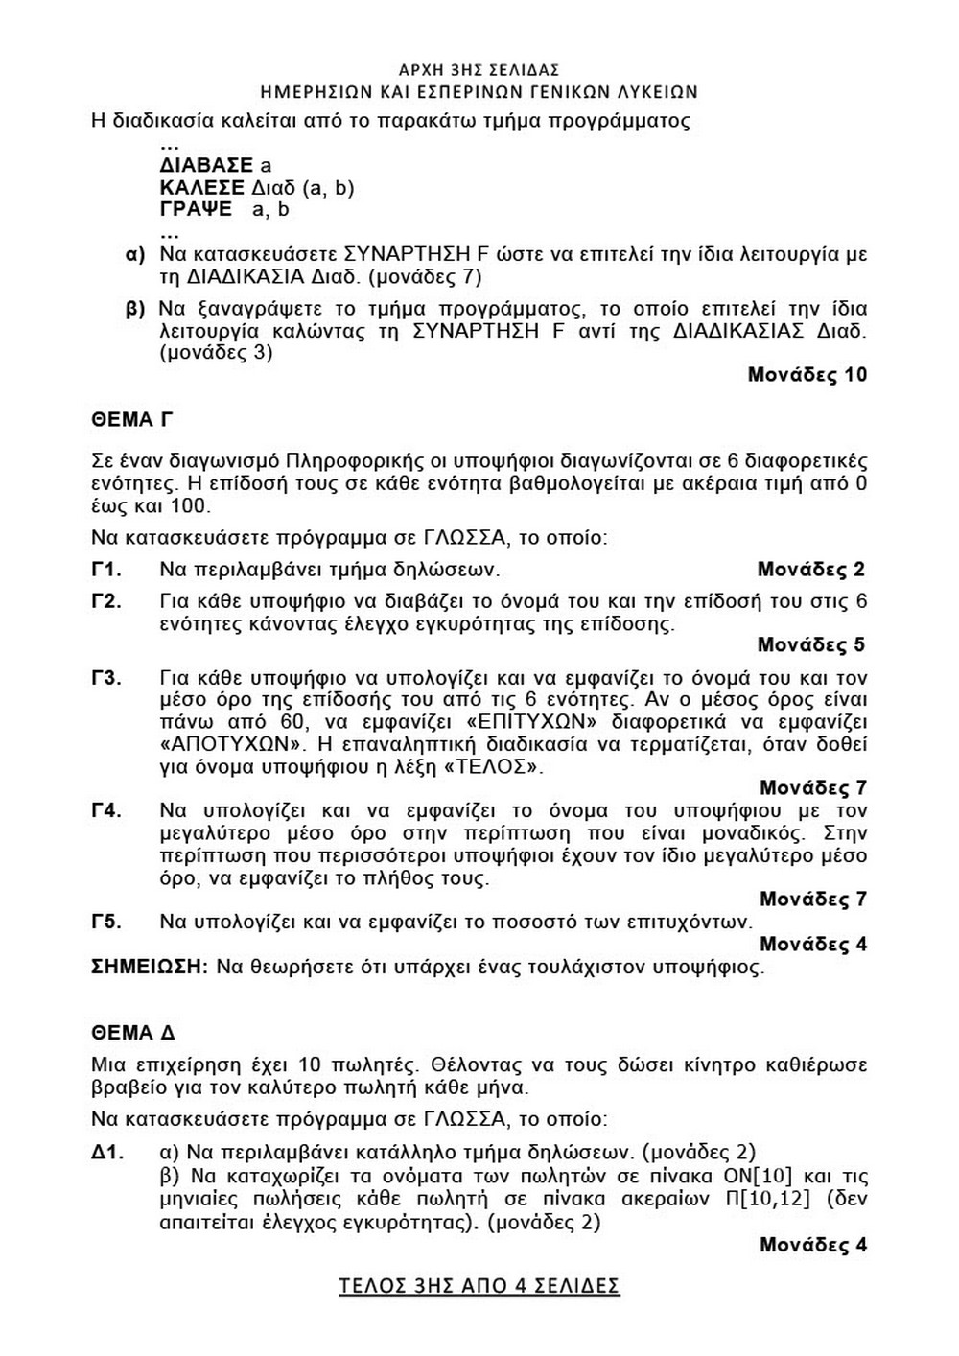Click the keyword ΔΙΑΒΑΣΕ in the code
[x=206, y=166]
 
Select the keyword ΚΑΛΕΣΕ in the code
[x=201, y=188]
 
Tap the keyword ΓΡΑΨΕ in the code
[x=196, y=210]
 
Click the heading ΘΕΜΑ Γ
[x=131, y=420]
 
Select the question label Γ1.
[x=106, y=570]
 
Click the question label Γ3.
[x=106, y=678]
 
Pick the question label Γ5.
[x=106, y=922]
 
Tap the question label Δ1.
[x=107, y=1152]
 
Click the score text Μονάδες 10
[x=807, y=375]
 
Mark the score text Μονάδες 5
[x=811, y=644]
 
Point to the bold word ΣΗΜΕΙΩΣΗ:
[x=150, y=967]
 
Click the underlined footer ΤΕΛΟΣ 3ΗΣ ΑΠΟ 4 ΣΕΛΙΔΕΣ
[x=479, y=1286]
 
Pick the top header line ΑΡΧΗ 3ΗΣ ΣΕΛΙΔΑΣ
[x=479, y=70]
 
